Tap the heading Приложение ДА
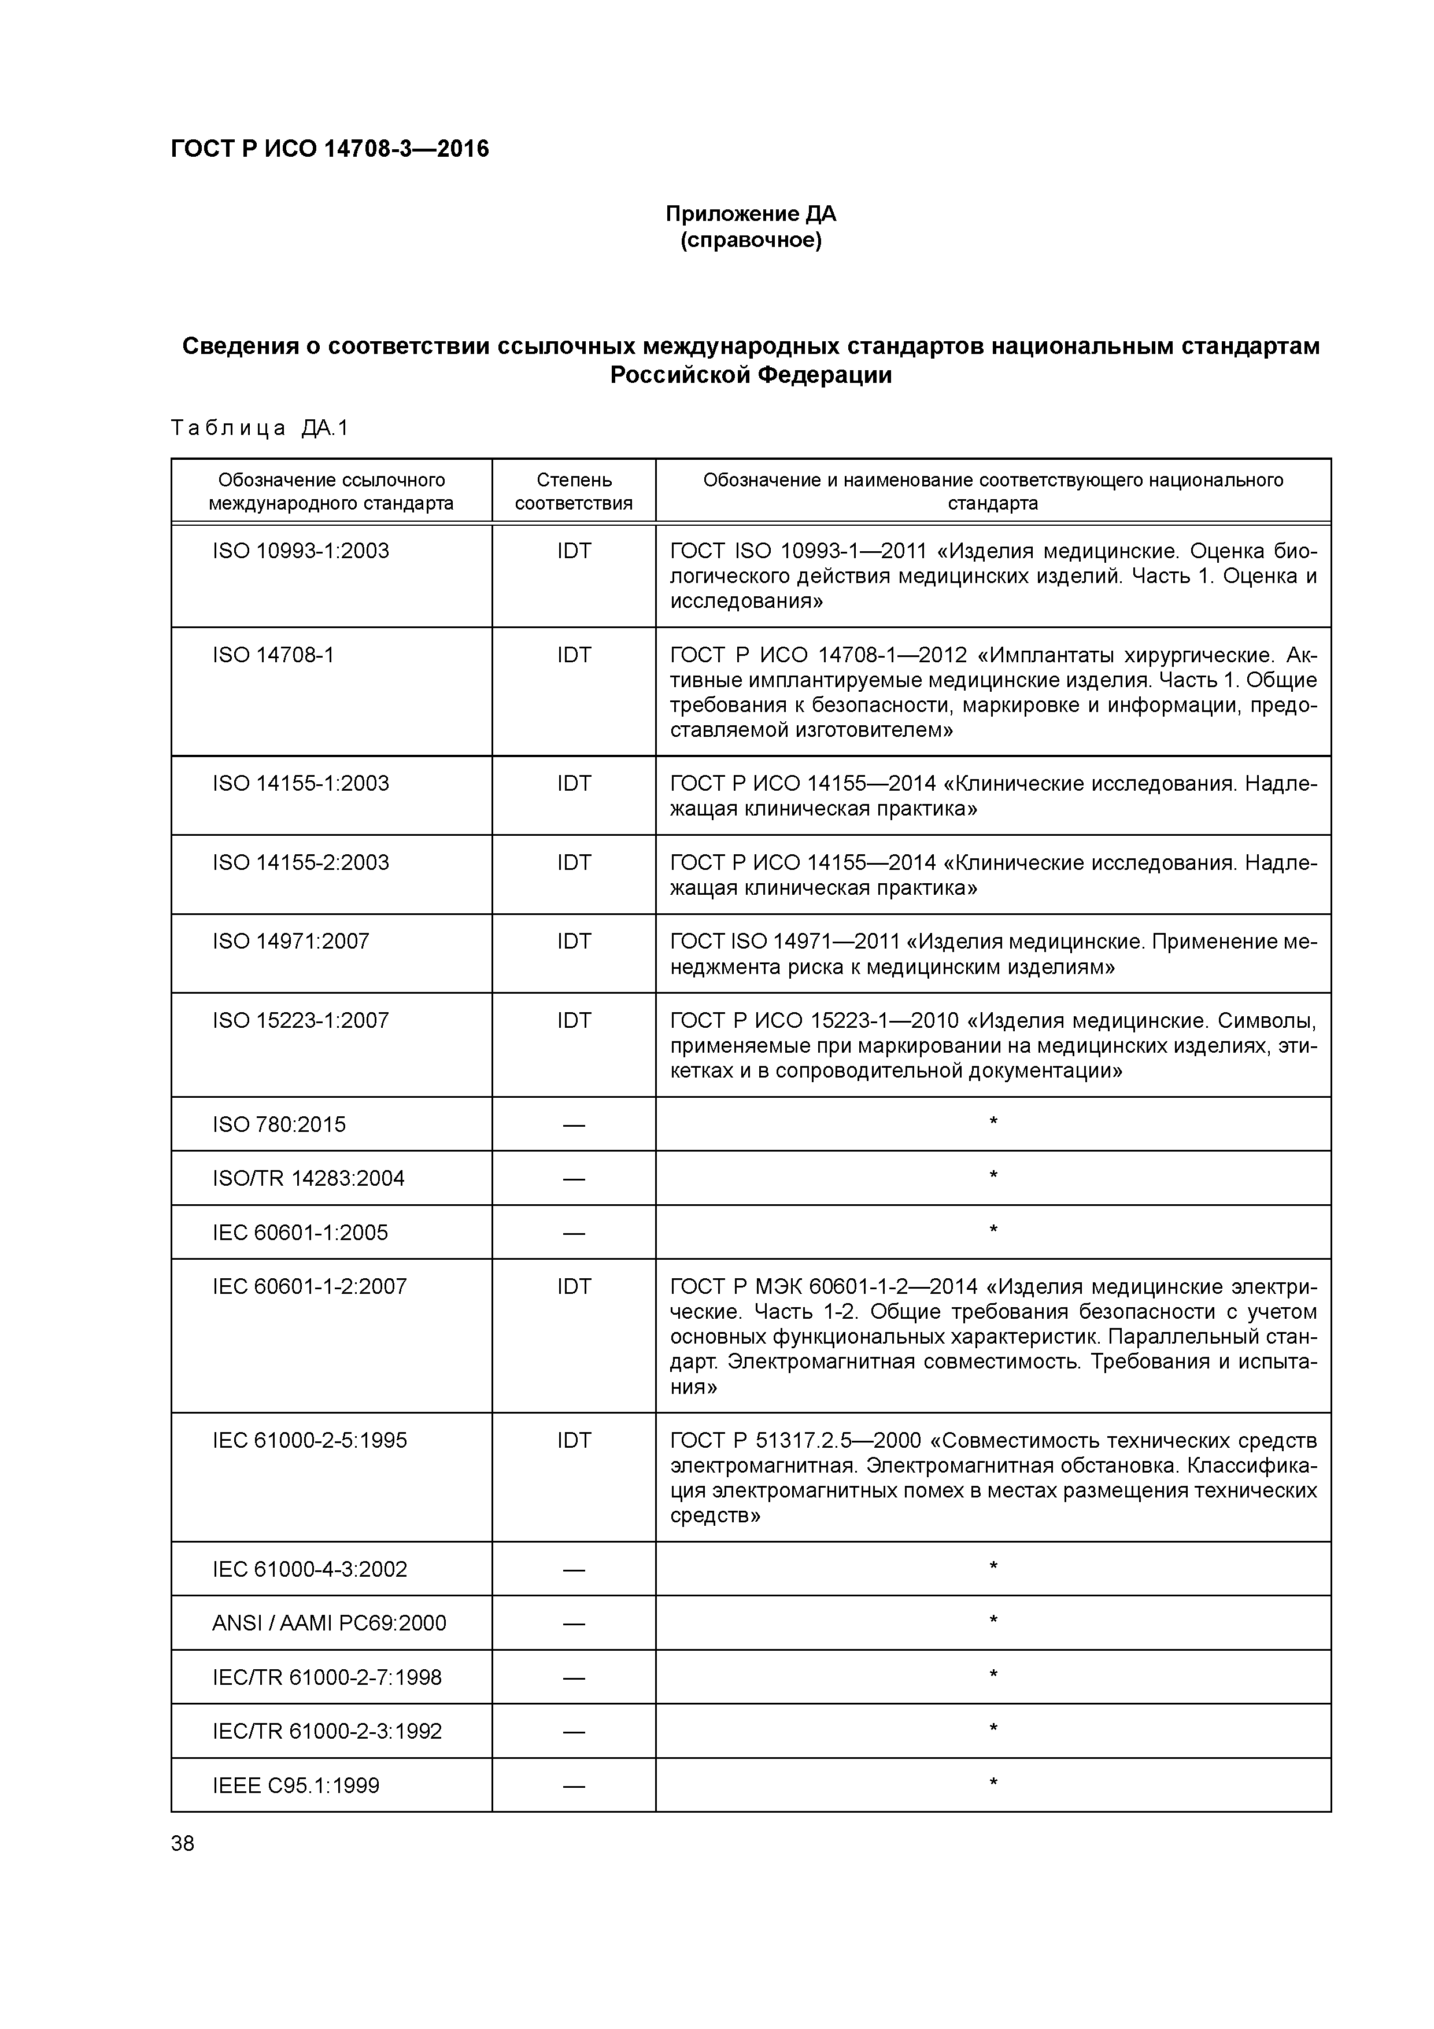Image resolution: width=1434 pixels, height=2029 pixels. click(750, 214)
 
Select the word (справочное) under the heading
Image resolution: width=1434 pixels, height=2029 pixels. click(750, 241)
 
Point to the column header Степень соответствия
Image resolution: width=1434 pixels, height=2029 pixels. click(574, 491)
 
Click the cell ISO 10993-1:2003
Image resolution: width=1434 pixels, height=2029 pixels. click(301, 551)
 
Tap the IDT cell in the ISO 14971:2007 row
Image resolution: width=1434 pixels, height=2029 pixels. click(574, 942)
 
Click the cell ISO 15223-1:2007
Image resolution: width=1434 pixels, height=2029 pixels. click(301, 1021)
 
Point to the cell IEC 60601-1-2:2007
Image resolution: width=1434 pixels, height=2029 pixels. click(309, 1287)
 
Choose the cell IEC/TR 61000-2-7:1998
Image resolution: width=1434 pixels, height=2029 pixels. click(327, 1677)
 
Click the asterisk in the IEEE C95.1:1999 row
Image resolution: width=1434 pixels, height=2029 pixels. click(993, 1783)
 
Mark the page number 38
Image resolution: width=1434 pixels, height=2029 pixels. click(183, 1843)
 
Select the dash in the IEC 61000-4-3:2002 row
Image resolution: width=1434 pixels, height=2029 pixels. click(574, 1570)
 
